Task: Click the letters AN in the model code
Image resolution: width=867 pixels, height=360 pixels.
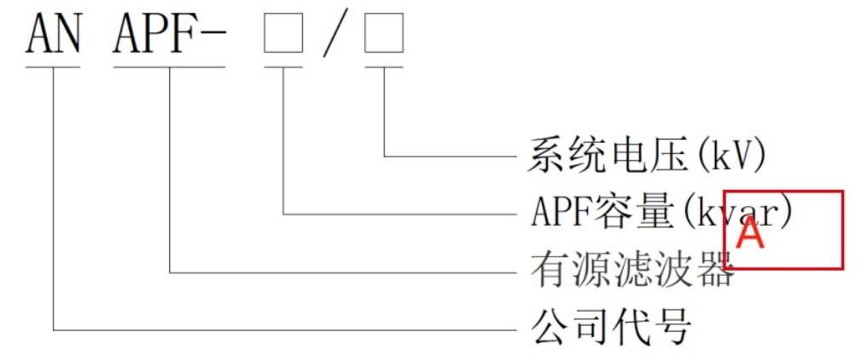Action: pos(53,35)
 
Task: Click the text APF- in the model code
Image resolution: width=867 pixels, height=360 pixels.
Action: pos(168,35)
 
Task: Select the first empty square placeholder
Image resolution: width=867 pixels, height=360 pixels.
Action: pos(283,37)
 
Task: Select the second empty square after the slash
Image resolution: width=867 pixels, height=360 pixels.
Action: pos(384,37)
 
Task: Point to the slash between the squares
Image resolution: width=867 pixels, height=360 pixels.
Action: pos(334,37)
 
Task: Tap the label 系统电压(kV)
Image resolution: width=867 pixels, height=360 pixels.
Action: pos(647,157)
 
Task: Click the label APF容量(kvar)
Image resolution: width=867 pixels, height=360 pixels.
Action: pos(660,213)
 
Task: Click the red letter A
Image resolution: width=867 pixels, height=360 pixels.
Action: pos(750,235)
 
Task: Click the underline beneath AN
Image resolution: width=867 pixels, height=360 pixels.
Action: pos(53,66)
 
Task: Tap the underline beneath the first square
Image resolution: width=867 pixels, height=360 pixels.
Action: pos(283,66)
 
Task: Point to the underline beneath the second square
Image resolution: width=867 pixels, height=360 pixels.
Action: pos(384,66)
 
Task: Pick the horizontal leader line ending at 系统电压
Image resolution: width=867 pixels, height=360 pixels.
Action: pos(450,157)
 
